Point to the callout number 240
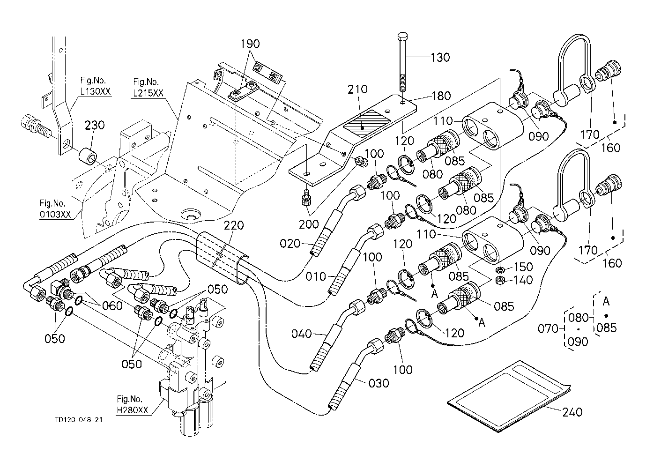coord(572,412)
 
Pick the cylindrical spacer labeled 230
coord(88,155)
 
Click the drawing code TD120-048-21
coord(78,419)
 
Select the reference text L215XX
coord(148,93)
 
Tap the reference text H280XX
coord(132,410)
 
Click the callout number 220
coord(234,225)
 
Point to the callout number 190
coord(250,45)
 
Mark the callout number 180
coord(441,97)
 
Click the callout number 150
coord(523,267)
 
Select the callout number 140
coord(523,280)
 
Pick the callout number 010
coord(316,276)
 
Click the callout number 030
coord(379,383)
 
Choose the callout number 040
coord(302,334)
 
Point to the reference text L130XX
coord(96,91)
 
